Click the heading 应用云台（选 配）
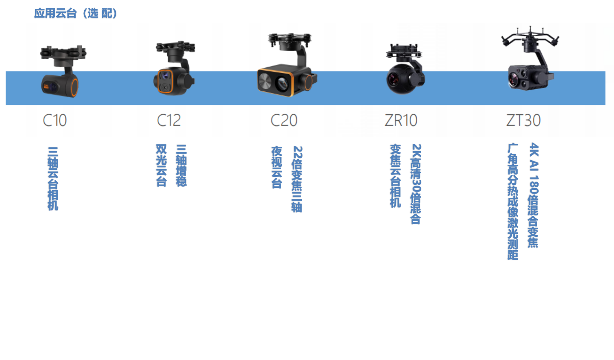[x=76, y=13]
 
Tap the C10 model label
[x=55, y=121]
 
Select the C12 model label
[x=169, y=121]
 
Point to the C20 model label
[x=284, y=121]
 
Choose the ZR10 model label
[x=401, y=121]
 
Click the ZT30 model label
[x=523, y=121]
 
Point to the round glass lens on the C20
[x=282, y=84]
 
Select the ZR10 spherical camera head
[x=399, y=79]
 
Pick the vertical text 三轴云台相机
[x=53, y=179]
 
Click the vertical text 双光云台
[x=161, y=165]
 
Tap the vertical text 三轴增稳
[x=181, y=165]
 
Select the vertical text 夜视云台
[x=277, y=167]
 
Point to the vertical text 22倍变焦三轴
[x=297, y=179]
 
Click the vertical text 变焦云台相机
[x=396, y=176]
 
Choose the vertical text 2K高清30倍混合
[x=416, y=184]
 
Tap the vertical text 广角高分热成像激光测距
[x=513, y=201]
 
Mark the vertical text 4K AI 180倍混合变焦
[x=533, y=195]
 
